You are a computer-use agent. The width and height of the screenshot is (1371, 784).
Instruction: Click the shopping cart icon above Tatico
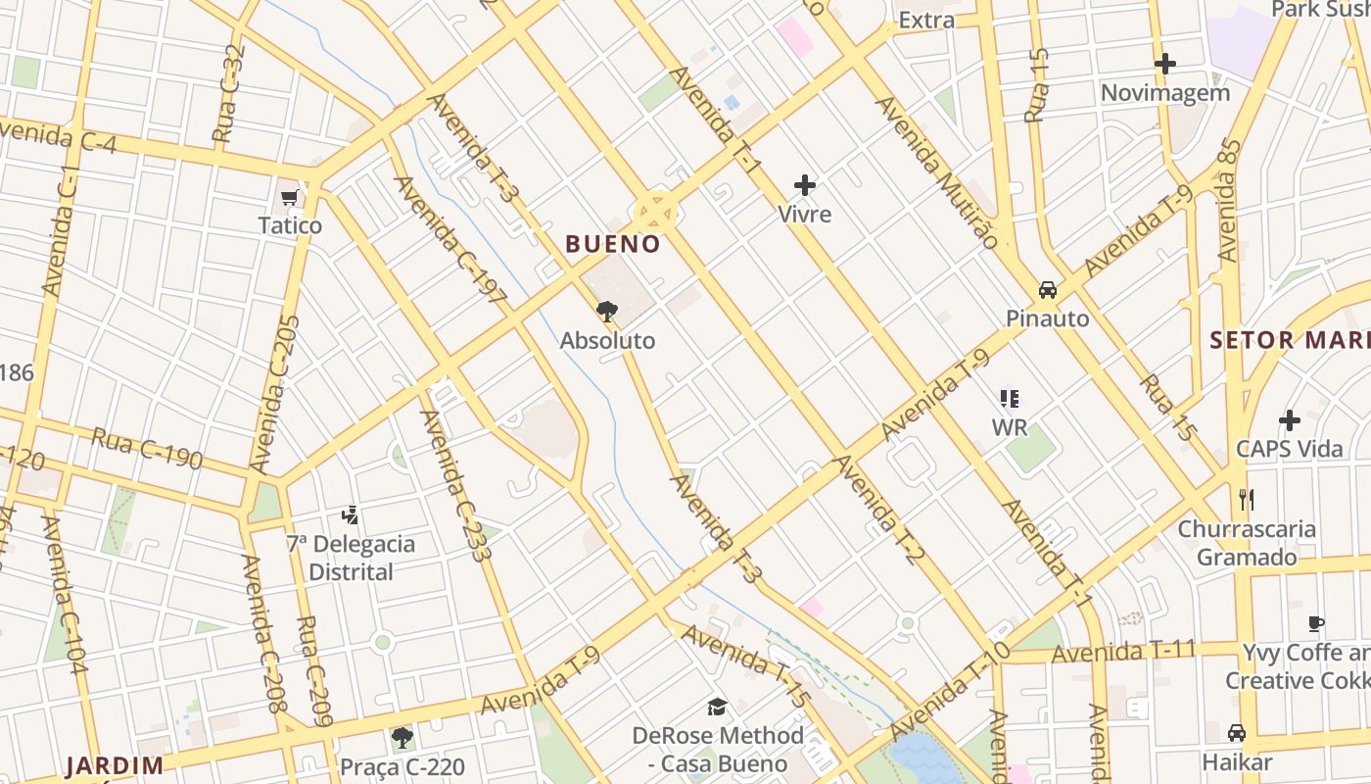pos(289,199)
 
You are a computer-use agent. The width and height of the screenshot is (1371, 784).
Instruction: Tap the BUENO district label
pos(613,244)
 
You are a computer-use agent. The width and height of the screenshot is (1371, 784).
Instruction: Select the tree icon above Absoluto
pos(607,313)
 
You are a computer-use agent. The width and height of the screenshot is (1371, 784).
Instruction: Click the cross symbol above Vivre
pos(805,185)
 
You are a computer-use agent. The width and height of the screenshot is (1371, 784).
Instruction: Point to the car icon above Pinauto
pos(1048,290)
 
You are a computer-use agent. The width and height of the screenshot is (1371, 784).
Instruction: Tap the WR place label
pos(1010,427)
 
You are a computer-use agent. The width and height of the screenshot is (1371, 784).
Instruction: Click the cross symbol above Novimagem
pos(1165,65)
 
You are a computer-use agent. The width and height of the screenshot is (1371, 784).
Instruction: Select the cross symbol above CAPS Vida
pos(1290,420)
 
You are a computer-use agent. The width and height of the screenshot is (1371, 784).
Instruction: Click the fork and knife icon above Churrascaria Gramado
pos(1247,500)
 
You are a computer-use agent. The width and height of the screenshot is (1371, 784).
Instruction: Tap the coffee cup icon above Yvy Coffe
pos(1317,623)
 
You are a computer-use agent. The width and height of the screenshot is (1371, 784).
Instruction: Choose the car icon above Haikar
pos(1237,733)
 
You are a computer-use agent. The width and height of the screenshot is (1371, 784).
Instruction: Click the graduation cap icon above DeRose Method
pos(718,707)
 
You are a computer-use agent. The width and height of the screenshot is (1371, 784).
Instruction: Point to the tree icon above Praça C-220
pos(402,737)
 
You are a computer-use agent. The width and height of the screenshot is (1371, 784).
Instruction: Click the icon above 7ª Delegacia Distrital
pos(350,514)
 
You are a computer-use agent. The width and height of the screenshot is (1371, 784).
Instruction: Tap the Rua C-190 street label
pos(147,448)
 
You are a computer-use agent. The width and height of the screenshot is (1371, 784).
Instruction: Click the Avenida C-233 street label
pos(454,485)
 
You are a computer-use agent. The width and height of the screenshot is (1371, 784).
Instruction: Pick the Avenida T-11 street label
pos(1124,651)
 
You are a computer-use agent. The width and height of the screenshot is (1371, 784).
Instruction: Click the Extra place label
pos(926,20)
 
